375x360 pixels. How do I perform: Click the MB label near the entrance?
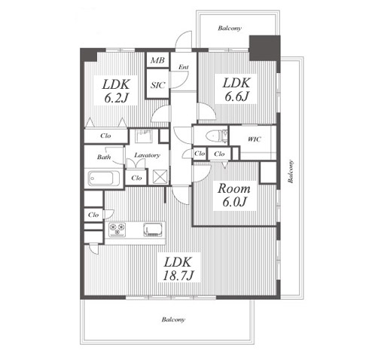(157, 60)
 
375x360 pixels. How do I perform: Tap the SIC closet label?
(158, 85)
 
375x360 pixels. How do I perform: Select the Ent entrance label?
(184, 67)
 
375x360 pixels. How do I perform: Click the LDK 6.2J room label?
(116, 91)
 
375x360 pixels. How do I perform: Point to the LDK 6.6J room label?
(236, 90)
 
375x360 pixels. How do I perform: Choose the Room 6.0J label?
(234, 195)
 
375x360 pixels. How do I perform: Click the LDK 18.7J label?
(178, 269)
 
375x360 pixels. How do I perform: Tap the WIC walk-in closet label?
(255, 139)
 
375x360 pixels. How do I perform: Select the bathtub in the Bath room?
(104, 178)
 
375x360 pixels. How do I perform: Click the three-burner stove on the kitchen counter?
(117, 230)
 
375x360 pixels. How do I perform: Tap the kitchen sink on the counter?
(153, 230)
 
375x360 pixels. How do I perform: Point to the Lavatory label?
(147, 155)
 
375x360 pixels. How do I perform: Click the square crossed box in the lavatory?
(160, 176)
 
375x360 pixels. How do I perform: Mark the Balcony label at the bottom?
(173, 319)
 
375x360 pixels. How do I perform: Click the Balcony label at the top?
(230, 28)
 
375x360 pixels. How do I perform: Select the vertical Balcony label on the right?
(291, 171)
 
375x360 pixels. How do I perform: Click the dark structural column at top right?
(264, 48)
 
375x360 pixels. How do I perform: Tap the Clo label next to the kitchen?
(93, 215)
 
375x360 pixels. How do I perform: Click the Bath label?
(104, 157)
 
